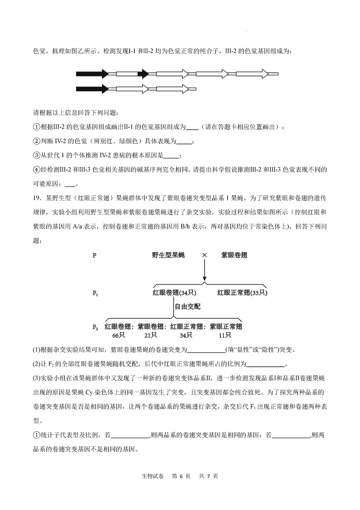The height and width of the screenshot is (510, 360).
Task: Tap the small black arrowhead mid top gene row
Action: click(143, 74)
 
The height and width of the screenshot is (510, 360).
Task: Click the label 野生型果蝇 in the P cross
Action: click(168, 255)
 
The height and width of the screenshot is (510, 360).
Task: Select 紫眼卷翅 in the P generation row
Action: click(234, 255)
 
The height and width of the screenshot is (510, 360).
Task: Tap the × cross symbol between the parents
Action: click(204, 255)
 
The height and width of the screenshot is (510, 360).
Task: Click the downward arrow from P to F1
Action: click(204, 272)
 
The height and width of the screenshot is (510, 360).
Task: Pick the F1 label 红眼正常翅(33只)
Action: click(242, 293)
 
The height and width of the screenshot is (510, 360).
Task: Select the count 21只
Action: click(150, 335)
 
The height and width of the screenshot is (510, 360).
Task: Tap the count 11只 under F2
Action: click(225, 335)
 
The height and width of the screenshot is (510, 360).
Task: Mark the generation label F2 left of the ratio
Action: click(95, 327)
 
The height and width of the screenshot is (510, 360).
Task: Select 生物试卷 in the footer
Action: click(153, 476)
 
